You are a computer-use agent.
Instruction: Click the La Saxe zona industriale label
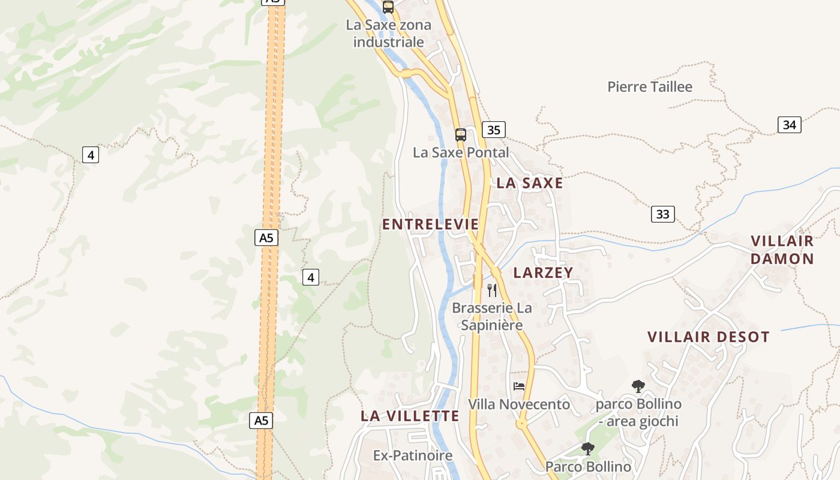tap(388, 34)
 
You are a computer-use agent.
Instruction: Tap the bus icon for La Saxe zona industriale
tap(388, 7)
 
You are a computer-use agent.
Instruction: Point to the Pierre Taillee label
tap(650, 87)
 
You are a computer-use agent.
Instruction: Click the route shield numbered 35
tap(493, 130)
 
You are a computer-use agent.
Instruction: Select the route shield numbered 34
tap(790, 125)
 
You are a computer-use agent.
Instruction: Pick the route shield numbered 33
tap(663, 214)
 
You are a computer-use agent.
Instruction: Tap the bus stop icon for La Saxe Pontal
tap(460, 134)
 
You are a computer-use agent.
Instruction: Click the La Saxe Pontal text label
tap(460, 152)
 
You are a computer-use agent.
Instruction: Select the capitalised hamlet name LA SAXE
tap(530, 184)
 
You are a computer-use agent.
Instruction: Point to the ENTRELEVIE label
tap(431, 224)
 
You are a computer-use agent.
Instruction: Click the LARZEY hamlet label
tap(544, 272)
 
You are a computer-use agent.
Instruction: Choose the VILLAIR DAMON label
tap(782, 250)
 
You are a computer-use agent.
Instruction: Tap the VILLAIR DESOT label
tap(708, 337)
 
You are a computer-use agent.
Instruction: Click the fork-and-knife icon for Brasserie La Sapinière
tap(492, 290)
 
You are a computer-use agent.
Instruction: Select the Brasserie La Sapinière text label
tap(491, 317)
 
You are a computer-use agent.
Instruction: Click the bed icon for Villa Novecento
tap(519, 386)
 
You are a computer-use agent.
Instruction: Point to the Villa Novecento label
tap(519, 404)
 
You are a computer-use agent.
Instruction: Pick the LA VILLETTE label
tap(410, 416)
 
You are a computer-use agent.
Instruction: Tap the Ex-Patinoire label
tap(413, 456)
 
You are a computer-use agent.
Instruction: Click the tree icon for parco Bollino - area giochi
tap(638, 386)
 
